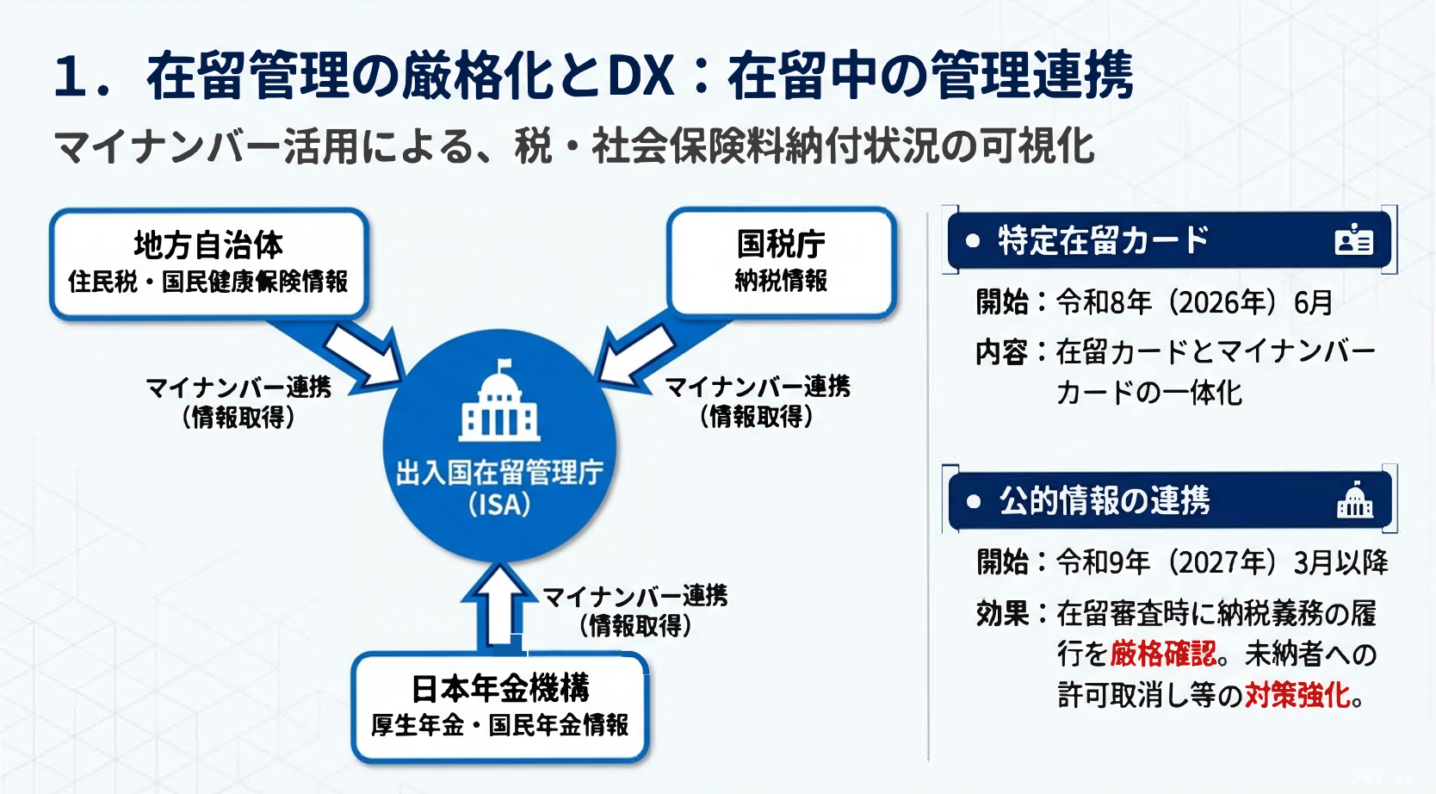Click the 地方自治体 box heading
click(x=208, y=245)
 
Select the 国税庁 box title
click(x=781, y=245)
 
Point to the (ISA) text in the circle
click(x=499, y=505)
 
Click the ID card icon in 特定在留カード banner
click(x=1354, y=240)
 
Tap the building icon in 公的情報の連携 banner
click(x=1354, y=500)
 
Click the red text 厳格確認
click(x=1163, y=654)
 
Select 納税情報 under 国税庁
click(x=781, y=281)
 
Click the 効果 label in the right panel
click(x=1003, y=613)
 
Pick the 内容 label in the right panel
click(x=1003, y=352)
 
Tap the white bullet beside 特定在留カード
click(x=973, y=241)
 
